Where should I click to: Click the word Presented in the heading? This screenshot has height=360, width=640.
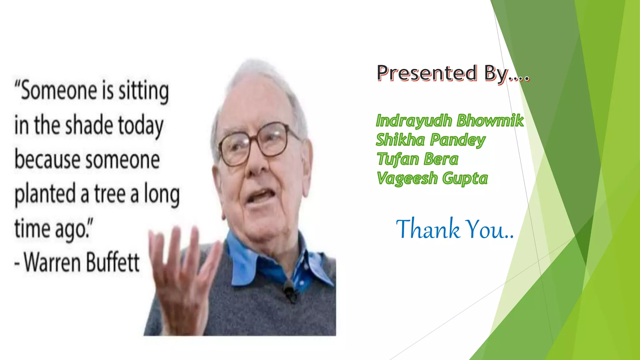427,73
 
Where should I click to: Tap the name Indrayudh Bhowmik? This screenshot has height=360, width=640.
449,121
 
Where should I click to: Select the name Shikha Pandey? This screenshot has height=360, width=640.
430,140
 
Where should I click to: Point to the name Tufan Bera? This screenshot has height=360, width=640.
417,159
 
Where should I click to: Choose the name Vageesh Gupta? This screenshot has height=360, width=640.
432,178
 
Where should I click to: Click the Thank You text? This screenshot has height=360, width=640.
455,229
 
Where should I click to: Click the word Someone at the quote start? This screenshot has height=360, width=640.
59,91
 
